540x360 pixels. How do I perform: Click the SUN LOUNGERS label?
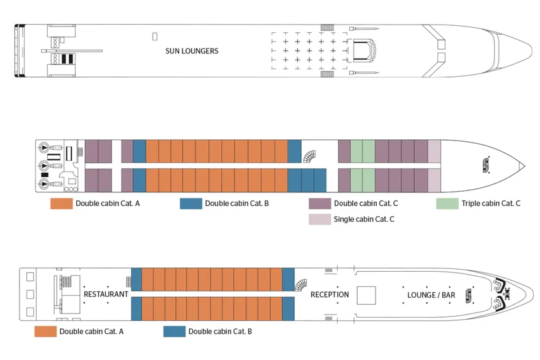(192, 51)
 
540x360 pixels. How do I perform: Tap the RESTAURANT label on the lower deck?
(106, 294)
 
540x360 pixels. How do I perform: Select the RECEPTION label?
(330, 294)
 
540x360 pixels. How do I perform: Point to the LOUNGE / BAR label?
(431, 294)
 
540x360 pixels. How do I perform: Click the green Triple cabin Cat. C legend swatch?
(447, 204)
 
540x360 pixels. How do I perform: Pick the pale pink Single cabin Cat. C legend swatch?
(319, 219)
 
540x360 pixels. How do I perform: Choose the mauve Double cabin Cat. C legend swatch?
(319, 204)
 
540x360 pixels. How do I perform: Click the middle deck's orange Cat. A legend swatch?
(61, 204)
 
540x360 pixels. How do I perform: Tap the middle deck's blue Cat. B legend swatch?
(191, 204)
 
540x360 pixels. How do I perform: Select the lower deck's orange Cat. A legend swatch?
(45, 332)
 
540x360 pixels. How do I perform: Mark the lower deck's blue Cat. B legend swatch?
(174, 332)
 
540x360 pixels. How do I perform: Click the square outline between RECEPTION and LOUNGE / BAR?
(366, 295)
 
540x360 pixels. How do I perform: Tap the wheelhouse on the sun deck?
(364, 50)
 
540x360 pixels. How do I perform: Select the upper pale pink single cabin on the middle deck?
(434, 151)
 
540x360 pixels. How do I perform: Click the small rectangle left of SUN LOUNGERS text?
(155, 37)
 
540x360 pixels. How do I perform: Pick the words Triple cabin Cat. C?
(491, 204)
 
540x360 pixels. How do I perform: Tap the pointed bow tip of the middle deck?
(524, 166)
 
